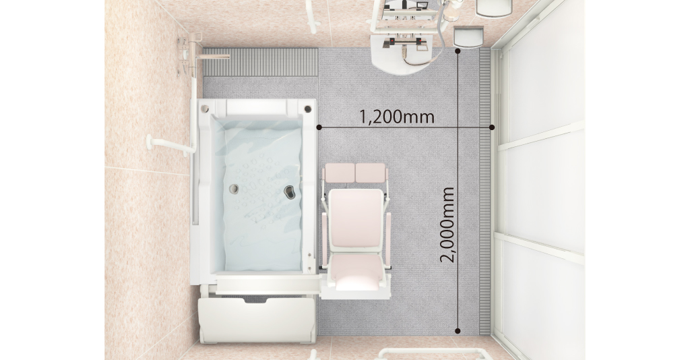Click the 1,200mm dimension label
[x=397, y=117]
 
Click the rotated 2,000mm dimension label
[x=447, y=225]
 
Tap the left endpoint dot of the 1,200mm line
[x=319, y=127]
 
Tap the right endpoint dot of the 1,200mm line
[x=492, y=127]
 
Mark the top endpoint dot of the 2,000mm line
[x=458, y=51]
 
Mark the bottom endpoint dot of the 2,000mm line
[x=458, y=330]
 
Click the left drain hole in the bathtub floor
[x=234, y=189]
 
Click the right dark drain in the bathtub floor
[x=290, y=191]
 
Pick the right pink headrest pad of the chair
[x=371, y=173]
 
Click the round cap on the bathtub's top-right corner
[x=307, y=109]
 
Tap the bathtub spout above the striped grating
[x=214, y=57]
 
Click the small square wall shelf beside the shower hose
[x=468, y=36]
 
